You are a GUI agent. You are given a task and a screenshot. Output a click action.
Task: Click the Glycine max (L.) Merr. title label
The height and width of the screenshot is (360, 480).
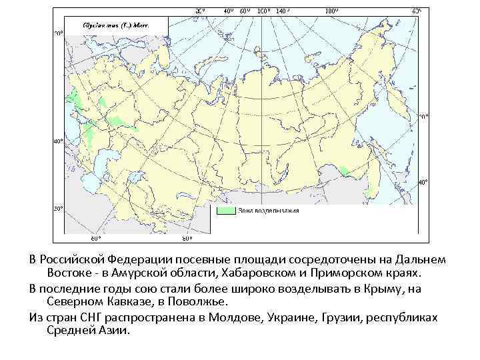point(115,23)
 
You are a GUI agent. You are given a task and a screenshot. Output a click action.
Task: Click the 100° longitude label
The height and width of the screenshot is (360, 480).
point(263,11)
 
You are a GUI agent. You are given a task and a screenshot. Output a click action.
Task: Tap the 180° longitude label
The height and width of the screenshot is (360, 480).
point(331,11)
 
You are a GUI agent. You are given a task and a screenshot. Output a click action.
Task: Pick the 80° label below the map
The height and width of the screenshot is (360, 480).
point(187,239)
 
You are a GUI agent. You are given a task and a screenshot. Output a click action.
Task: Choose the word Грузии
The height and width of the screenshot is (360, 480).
point(341,317)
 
